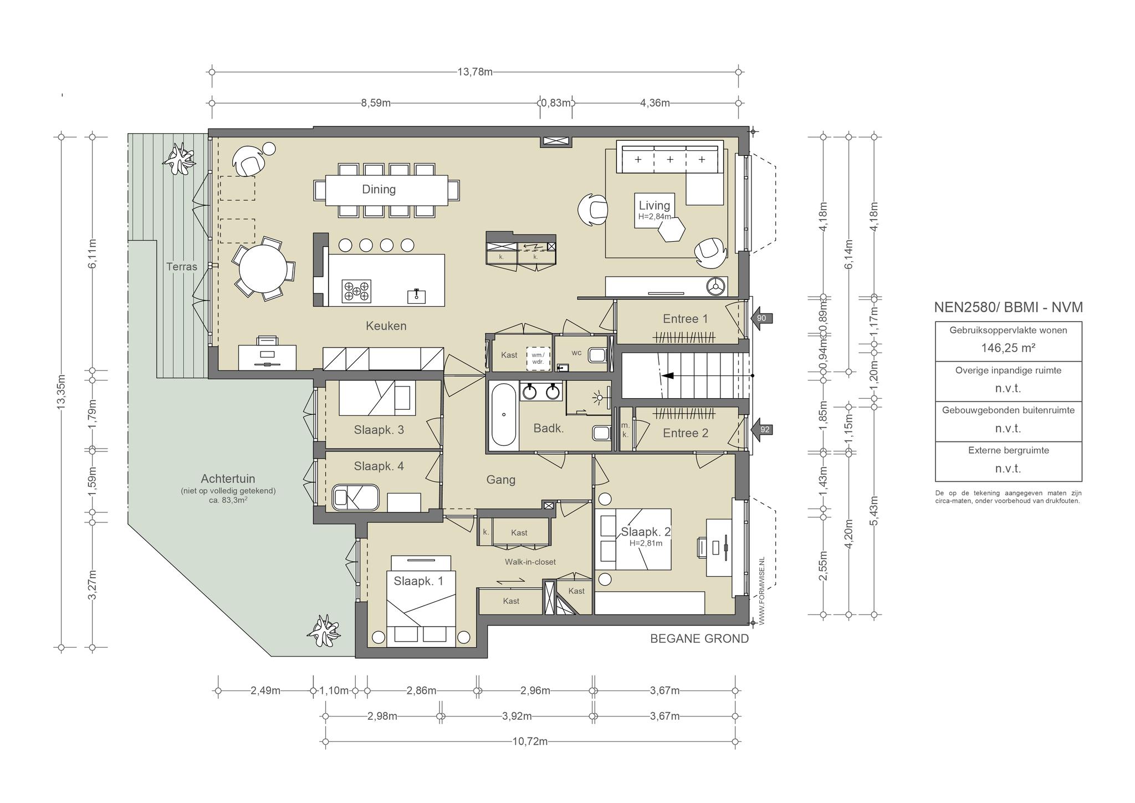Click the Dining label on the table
(x=379, y=189)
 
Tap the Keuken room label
(x=386, y=326)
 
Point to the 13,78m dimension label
(x=475, y=72)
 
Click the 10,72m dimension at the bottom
(x=530, y=741)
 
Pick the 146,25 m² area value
(x=1008, y=348)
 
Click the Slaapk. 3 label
(x=379, y=429)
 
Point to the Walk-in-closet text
(x=530, y=562)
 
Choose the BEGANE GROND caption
(x=699, y=639)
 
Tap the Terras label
(x=182, y=267)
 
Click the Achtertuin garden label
(x=228, y=479)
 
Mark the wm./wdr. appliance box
(x=538, y=358)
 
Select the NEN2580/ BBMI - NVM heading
(x=1008, y=307)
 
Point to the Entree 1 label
(x=686, y=319)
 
